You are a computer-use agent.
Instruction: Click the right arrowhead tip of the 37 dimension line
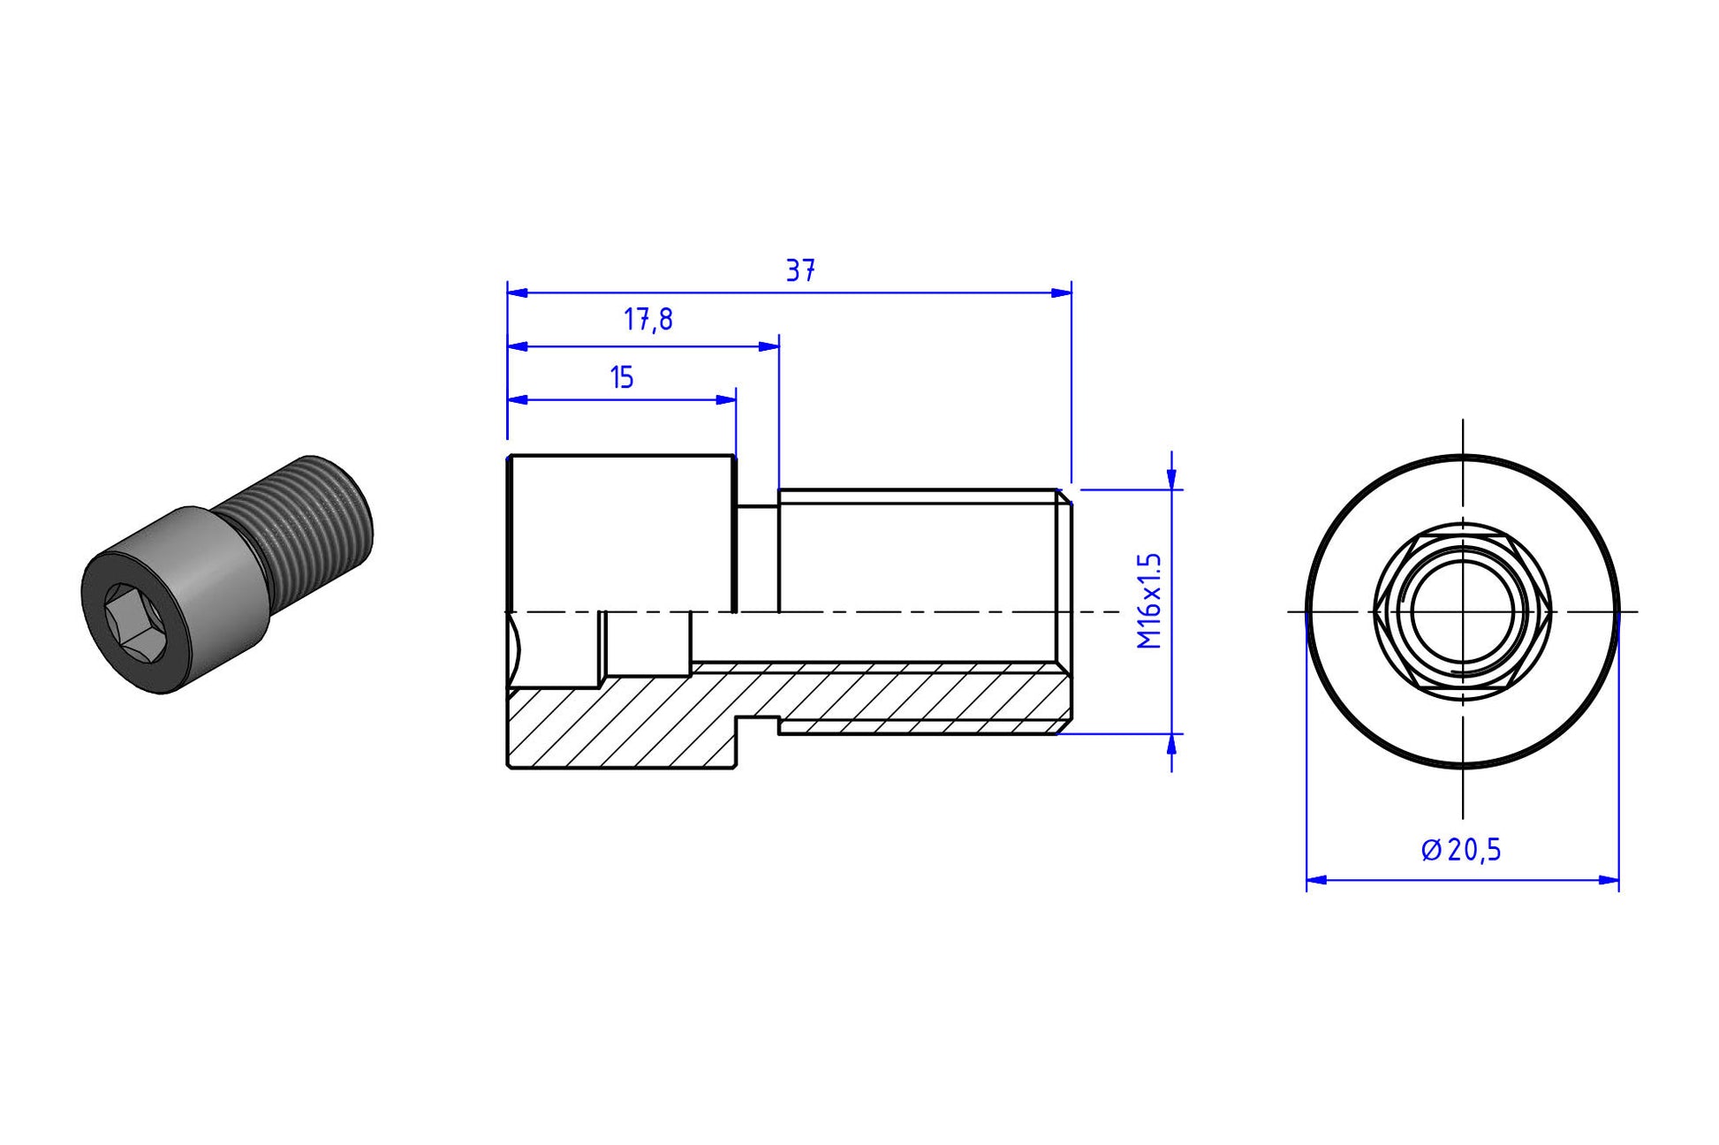(1072, 292)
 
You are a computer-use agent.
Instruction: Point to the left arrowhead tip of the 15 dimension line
(508, 399)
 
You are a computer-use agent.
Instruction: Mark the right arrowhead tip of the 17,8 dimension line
(779, 346)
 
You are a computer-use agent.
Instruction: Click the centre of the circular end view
(1463, 611)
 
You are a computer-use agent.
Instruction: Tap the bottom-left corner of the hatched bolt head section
(508, 767)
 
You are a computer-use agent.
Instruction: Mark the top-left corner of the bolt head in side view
(509, 456)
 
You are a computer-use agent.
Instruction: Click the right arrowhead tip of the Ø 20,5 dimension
(1619, 880)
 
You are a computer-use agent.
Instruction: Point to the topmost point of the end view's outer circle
(1463, 455)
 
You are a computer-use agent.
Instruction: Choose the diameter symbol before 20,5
(1431, 851)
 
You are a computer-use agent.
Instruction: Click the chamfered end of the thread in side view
(1065, 611)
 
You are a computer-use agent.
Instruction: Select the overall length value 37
(800, 270)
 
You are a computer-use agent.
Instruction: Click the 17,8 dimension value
(648, 320)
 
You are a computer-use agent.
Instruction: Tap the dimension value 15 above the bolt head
(622, 377)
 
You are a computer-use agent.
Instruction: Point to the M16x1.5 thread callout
(1148, 602)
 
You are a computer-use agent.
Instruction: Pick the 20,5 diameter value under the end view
(1474, 850)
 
